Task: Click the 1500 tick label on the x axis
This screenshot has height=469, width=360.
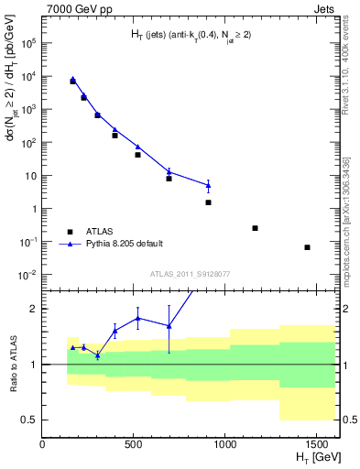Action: (x=316, y=445)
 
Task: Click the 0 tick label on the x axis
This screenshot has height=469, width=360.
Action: (x=43, y=445)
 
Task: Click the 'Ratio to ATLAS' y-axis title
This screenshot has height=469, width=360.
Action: (x=12, y=365)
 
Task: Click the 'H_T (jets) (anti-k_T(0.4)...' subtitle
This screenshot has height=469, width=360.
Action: (x=190, y=36)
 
